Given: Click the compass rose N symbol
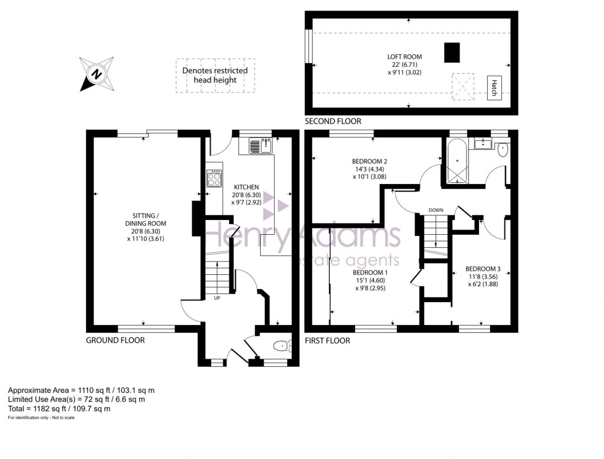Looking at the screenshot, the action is (97, 74).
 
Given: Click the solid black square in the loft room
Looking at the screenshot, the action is (452, 53).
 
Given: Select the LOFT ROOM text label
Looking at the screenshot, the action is (405, 57).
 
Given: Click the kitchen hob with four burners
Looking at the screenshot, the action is (215, 178).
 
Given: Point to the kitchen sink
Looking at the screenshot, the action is (261, 146).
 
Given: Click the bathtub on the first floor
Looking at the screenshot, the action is (457, 162).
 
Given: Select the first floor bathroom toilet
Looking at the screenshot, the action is (503, 150).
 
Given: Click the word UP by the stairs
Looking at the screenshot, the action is (217, 298).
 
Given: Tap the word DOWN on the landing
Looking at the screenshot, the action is (436, 210).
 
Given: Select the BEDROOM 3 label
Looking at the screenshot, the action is (482, 269).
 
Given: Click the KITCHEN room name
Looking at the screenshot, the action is (247, 187).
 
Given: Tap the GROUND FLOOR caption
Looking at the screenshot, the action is (115, 340).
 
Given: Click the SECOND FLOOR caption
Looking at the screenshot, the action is (333, 122).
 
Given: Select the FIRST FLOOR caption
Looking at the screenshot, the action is (327, 340).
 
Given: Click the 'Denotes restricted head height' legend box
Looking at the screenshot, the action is (215, 76).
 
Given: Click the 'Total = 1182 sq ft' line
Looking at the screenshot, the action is (60, 408).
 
